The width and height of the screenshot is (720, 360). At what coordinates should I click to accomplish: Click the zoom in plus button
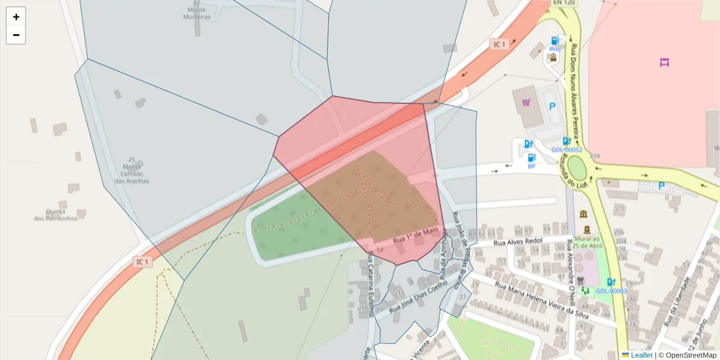16,17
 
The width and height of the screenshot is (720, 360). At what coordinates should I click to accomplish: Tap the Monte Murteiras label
197,13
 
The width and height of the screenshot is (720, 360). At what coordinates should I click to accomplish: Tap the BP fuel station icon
531,157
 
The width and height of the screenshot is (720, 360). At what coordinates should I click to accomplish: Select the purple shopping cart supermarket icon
527,103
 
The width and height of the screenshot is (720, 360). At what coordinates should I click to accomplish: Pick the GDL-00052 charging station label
566,150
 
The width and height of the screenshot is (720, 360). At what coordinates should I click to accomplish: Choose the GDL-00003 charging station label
611,291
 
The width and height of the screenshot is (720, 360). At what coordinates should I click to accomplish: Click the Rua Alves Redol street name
518,242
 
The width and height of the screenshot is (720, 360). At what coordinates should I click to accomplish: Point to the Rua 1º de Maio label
415,235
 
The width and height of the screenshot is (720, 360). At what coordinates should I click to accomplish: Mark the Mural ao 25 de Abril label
587,242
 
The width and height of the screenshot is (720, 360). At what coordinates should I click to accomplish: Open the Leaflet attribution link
641,355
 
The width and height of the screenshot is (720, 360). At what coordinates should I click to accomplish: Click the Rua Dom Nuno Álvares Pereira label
577,84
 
